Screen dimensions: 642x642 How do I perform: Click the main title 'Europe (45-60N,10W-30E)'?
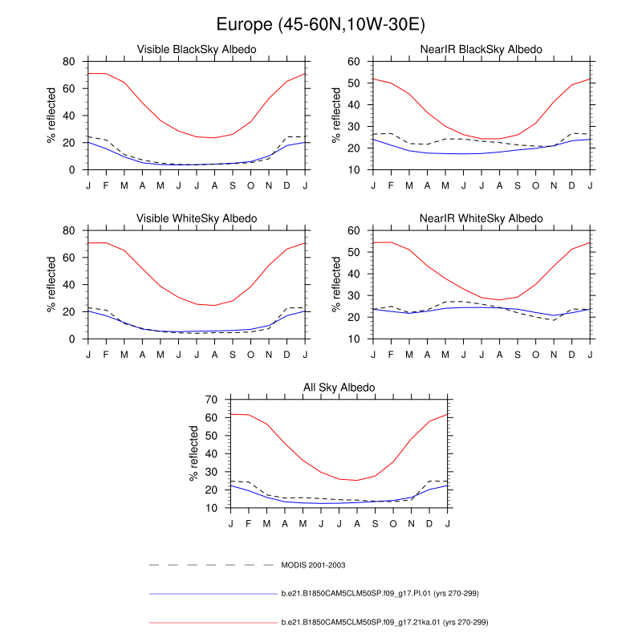(x=321, y=26)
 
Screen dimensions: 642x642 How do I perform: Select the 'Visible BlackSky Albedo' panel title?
(x=197, y=50)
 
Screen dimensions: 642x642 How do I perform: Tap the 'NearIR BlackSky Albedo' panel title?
(x=481, y=50)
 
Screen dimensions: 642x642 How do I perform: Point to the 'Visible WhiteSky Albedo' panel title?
(x=197, y=218)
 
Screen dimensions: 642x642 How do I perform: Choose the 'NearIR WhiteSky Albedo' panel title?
(x=481, y=218)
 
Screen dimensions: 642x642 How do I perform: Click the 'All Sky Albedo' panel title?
(x=339, y=388)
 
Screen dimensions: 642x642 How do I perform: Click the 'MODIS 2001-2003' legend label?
(x=315, y=565)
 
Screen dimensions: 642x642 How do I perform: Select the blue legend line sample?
(x=213, y=594)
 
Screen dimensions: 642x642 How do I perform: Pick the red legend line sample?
(x=213, y=622)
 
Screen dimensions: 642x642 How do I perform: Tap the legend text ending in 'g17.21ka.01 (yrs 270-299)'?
(x=384, y=622)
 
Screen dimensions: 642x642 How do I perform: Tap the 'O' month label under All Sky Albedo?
(x=393, y=524)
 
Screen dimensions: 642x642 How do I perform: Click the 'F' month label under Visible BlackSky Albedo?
(x=107, y=185)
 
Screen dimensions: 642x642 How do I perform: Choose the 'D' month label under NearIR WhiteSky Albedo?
(x=572, y=354)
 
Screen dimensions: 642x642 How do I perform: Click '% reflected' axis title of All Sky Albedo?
(x=194, y=453)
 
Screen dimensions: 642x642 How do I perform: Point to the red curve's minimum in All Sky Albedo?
(x=357, y=481)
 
